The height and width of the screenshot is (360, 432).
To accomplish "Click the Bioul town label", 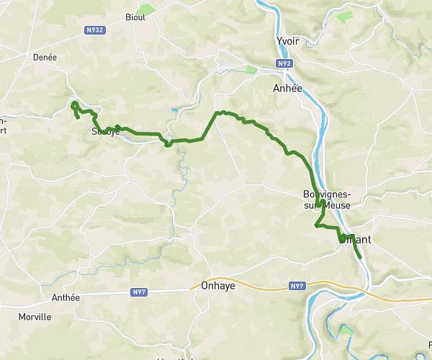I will [x=135, y=17].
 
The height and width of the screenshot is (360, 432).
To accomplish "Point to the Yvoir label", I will [x=287, y=41].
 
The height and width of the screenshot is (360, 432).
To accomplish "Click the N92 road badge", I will [x=285, y=64].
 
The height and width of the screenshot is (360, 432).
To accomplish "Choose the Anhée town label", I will [x=288, y=88].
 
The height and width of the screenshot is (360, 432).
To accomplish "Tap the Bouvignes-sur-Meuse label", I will [x=327, y=199].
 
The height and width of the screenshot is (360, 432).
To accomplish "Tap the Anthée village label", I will [x=66, y=297].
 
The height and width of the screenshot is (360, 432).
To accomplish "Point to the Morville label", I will [x=34, y=316].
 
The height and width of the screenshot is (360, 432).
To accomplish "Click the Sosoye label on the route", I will [x=105, y=132].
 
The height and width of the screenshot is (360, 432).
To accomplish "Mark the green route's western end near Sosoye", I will [x=77, y=117].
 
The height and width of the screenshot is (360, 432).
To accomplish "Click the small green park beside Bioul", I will [x=147, y=9].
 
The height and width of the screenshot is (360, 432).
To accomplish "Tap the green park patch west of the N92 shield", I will [x=251, y=69].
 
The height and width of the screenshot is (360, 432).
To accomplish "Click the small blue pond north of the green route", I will [x=175, y=110].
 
